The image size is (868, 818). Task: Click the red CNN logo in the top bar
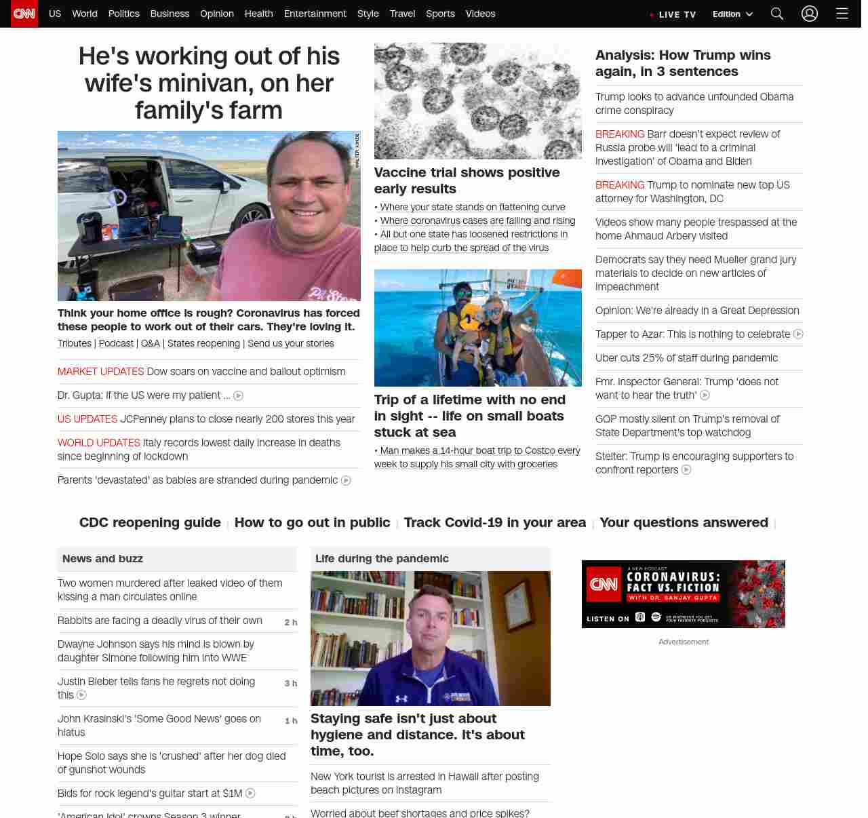24,14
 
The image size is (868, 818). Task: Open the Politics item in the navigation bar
123,14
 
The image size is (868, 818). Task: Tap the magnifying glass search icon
777,14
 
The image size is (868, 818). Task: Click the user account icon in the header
810,14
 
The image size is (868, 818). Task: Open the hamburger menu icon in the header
842,14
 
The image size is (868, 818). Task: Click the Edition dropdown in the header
732,14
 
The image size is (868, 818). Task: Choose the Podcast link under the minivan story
116,343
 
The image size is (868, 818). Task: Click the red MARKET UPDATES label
100,372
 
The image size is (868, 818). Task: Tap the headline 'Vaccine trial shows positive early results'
467,180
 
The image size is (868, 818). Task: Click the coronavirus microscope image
477,101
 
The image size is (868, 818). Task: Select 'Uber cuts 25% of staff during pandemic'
686,358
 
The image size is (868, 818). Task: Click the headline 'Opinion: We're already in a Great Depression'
697,311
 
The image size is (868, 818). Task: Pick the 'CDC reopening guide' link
150,522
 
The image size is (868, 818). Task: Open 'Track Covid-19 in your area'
494,522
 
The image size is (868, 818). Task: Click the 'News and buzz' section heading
102,559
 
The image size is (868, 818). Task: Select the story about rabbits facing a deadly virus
159,621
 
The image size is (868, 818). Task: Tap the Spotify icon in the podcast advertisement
656,617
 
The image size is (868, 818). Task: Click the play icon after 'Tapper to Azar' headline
798,334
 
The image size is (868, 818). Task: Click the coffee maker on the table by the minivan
89,225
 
